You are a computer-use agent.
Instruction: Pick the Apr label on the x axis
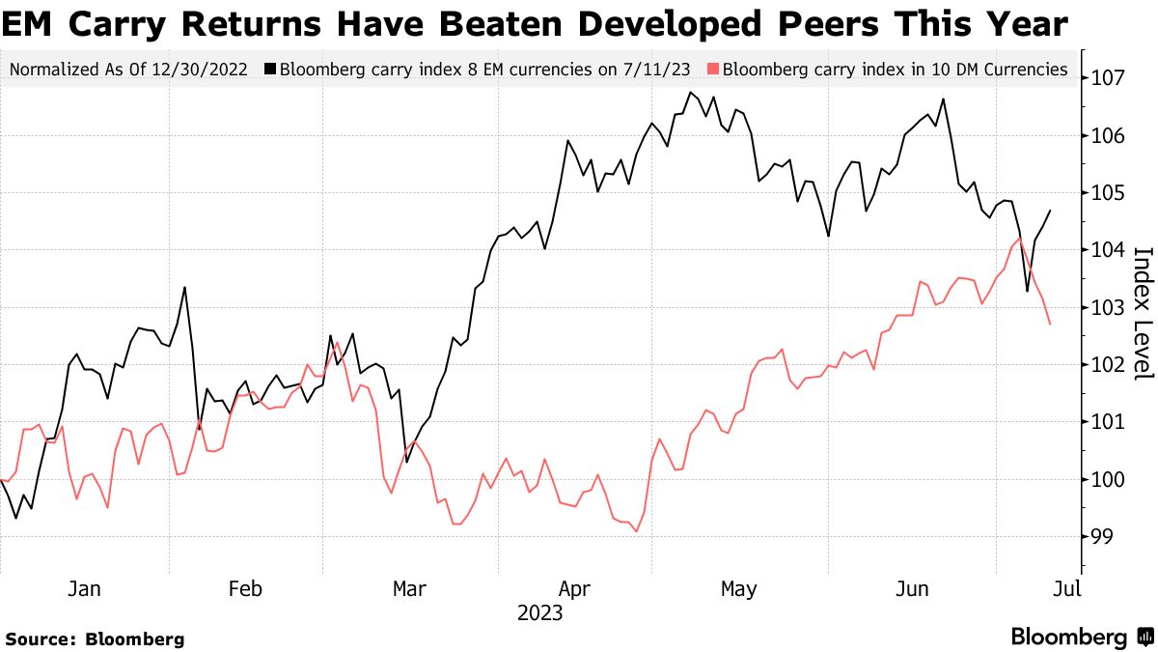coord(575,588)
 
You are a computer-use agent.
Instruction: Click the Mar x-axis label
coord(410,588)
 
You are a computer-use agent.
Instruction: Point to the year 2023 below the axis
coord(539,612)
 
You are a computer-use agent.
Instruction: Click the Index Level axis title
coord(1143,313)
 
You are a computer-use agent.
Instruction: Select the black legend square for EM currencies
coord(272,70)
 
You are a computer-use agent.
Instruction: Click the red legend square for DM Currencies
coord(714,70)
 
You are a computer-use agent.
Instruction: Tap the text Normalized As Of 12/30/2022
coord(127,70)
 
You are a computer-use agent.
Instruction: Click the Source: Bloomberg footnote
coord(96,638)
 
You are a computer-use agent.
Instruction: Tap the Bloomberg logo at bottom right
coord(1082,637)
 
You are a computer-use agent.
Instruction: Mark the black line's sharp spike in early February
coord(184,287)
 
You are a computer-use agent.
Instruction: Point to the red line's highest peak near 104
coord(1020,238)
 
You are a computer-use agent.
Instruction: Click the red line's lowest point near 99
coord(636,531)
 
